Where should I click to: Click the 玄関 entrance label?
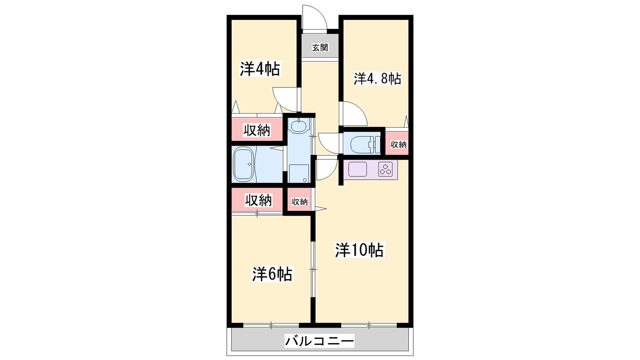click(320, 48)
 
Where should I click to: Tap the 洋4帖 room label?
click(260, 69)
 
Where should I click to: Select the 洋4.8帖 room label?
click(378, 78)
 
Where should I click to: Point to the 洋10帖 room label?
click(360, 250)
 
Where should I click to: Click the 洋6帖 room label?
click(272, 274)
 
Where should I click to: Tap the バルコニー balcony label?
click(320, 341)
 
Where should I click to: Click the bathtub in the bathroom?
click(244, 164)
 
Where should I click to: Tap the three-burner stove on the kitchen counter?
click(386, 169)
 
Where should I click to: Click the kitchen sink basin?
click(358, 169)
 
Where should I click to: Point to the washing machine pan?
click(298, 174)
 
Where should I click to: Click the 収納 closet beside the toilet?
click(397, 143)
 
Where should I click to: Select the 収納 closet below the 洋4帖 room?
click(257, 130)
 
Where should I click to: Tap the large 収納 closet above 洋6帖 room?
click(257, 200)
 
